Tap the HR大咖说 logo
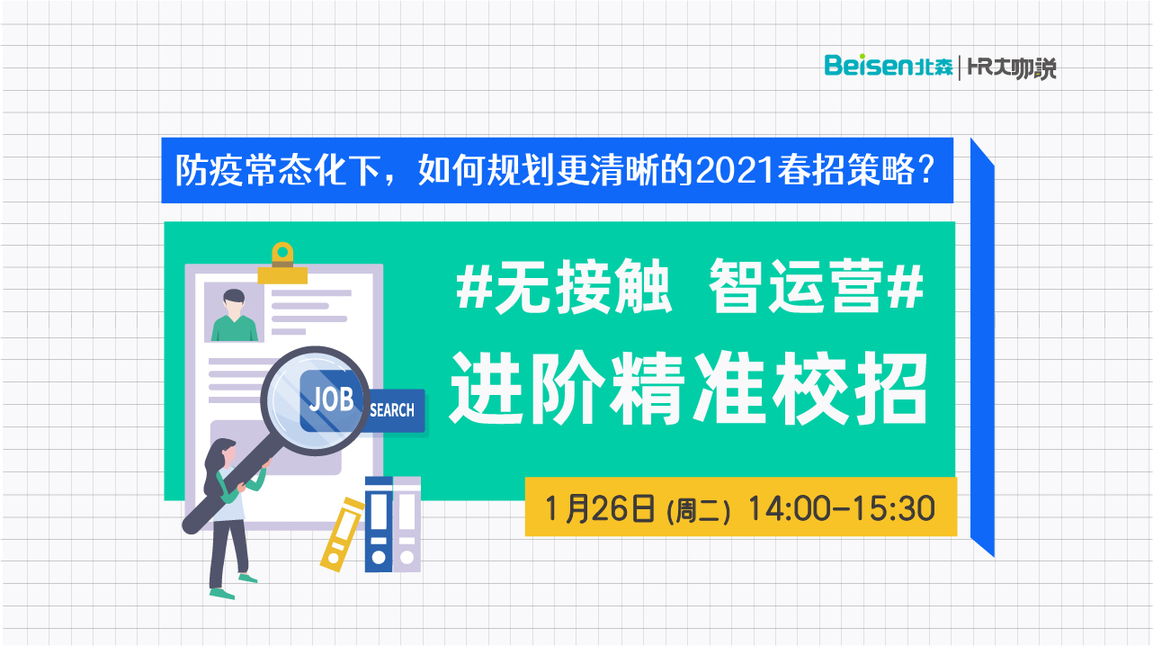[x=1012, y=68]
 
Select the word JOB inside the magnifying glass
[x=331, y=399]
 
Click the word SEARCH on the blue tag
[x=392, y=410]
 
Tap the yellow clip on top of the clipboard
[x=282, y=264]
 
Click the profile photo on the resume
[x=234, y=312]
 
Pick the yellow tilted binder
[x=342, y=534]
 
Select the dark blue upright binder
[x=379, y=524]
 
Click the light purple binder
[x=407, y=524]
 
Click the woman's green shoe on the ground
[x=222, y=594]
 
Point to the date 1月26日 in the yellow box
[x=600, y=509]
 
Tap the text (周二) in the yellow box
[x=699, y=511]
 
